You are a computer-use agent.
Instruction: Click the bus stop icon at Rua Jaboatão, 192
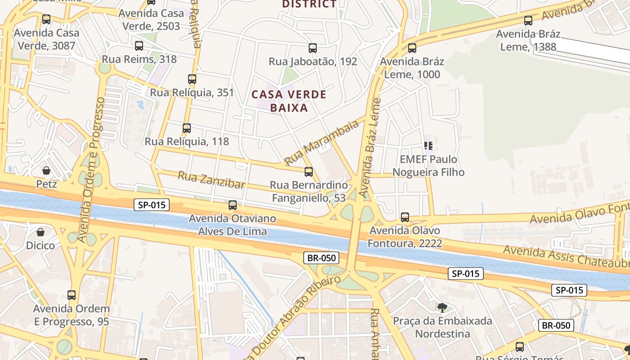[x=313, y=48]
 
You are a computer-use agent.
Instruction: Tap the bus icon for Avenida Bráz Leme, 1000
[x=412, y=48]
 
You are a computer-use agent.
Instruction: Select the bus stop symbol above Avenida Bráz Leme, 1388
[x=528, y=20]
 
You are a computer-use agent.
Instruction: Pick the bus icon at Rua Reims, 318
[x=139, y=45]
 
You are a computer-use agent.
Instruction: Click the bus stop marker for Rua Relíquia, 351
[x=192, y=79]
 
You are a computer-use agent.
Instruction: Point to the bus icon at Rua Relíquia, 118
[x=187, y=128]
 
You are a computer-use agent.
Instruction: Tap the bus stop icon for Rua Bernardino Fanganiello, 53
[x=309, y=171]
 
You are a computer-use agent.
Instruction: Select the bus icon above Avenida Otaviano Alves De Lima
[x=233, y=205]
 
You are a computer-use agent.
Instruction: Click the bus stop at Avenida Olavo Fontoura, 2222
[x=405, y=217]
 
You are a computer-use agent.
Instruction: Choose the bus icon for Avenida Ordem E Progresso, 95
[x=72, y=295]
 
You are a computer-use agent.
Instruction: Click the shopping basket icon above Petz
[x=46, y=170]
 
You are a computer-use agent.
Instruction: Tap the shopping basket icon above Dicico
[x=40, y=232]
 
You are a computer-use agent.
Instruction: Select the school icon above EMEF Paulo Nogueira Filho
[x=428, y=145]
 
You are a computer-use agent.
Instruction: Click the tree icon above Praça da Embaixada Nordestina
[x=442, y=307]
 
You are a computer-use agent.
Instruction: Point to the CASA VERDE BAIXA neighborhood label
[x=289, y=101]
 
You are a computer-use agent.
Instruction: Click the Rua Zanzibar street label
[x=211, y=180]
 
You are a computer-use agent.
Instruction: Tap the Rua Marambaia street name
[x=321, y=143]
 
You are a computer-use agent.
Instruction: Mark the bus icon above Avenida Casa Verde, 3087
[x=46, y=19]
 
